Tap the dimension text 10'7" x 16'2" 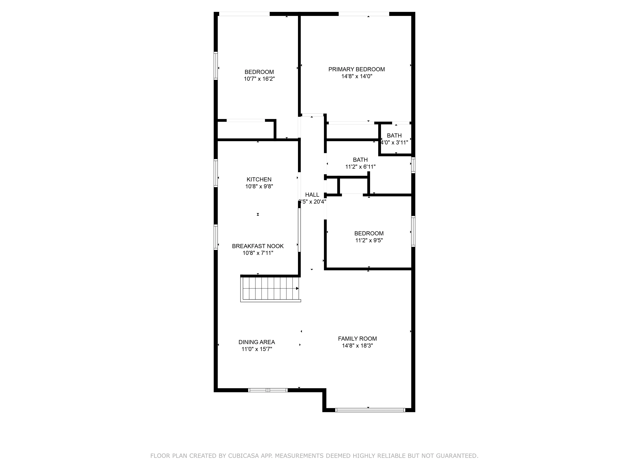point(259,79)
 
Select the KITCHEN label point(259,179)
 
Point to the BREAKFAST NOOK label point(258,246)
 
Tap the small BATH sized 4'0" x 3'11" point(394,136)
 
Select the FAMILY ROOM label point(357,339)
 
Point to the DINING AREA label point(256,342)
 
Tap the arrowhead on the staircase point(297,288)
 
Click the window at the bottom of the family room point(370,410)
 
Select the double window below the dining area point(268,390)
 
